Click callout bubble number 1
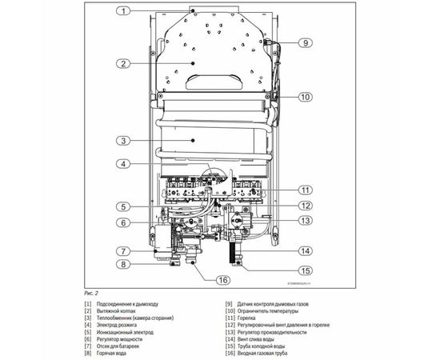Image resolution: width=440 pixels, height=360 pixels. pyautogui.click(x=123, y=11)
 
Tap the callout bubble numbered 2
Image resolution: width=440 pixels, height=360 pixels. pyautogui.click(x=123, y=63)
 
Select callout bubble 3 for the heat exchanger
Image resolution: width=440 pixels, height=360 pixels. pyautogui.click(x=123, y=141)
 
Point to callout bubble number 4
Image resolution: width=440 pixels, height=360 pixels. pyautogui.click(x=123, y=164)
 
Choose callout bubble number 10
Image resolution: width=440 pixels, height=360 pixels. pyautogui.click(x=305, y=97)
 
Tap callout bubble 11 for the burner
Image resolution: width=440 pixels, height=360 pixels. pyautogui.click(x=305, y=190)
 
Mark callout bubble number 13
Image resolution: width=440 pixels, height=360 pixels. pyautogui.click(x=305, y=220)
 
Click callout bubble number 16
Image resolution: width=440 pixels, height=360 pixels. pyautogui.click(x=223, y=279)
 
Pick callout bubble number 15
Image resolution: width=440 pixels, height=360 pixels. pyautogui.click(x=305, y=270)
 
